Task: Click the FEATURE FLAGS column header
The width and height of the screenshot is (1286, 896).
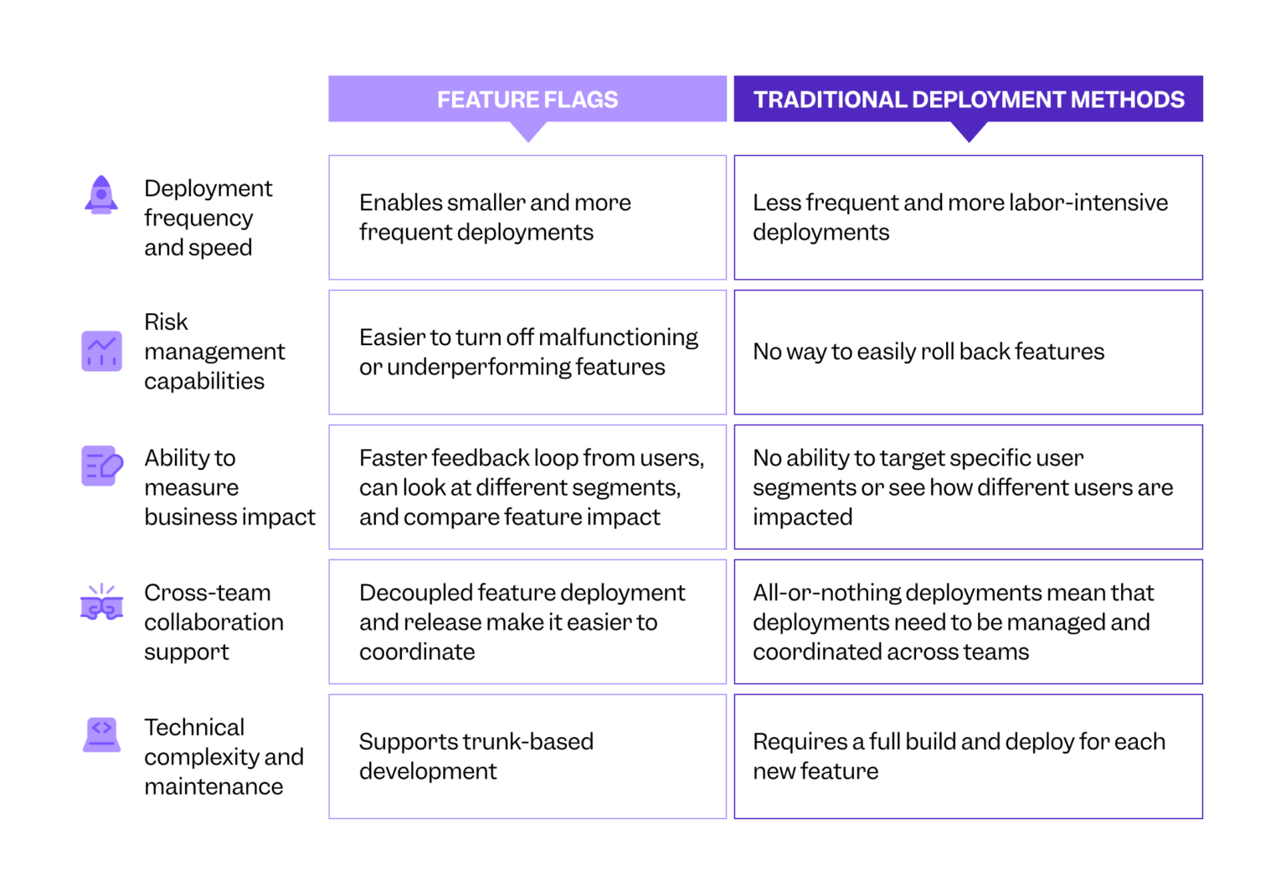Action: pos(527,99)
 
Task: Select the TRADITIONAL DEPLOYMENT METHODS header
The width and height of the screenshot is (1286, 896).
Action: pos(968,99)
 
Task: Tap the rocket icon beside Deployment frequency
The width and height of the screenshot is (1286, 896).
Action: pos(101,195)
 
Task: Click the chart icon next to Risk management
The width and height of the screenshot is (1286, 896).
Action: pos(101,351)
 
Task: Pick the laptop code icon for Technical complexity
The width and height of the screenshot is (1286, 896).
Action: pos(101,734)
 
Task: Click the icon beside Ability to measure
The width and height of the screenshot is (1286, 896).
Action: pos(101,466)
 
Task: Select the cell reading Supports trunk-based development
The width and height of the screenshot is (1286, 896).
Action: pos(527,756)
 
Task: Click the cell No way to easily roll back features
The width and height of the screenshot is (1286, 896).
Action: pos(968,352)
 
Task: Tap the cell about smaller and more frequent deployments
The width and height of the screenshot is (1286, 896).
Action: pos(527,217)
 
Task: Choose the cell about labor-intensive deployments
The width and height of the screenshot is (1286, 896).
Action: pos(968,217)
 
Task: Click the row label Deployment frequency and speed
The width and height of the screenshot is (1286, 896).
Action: pos(208,218)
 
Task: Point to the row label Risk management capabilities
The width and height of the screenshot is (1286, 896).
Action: pos(214,352)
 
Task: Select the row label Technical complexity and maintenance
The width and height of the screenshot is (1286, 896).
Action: pos(223,756)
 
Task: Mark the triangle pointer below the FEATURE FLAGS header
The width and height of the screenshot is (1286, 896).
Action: pos(528,131)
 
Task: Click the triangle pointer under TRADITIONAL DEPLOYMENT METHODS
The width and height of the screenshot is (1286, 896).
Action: pos(969,131)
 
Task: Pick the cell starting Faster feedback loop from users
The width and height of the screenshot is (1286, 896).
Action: pos(527,487)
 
